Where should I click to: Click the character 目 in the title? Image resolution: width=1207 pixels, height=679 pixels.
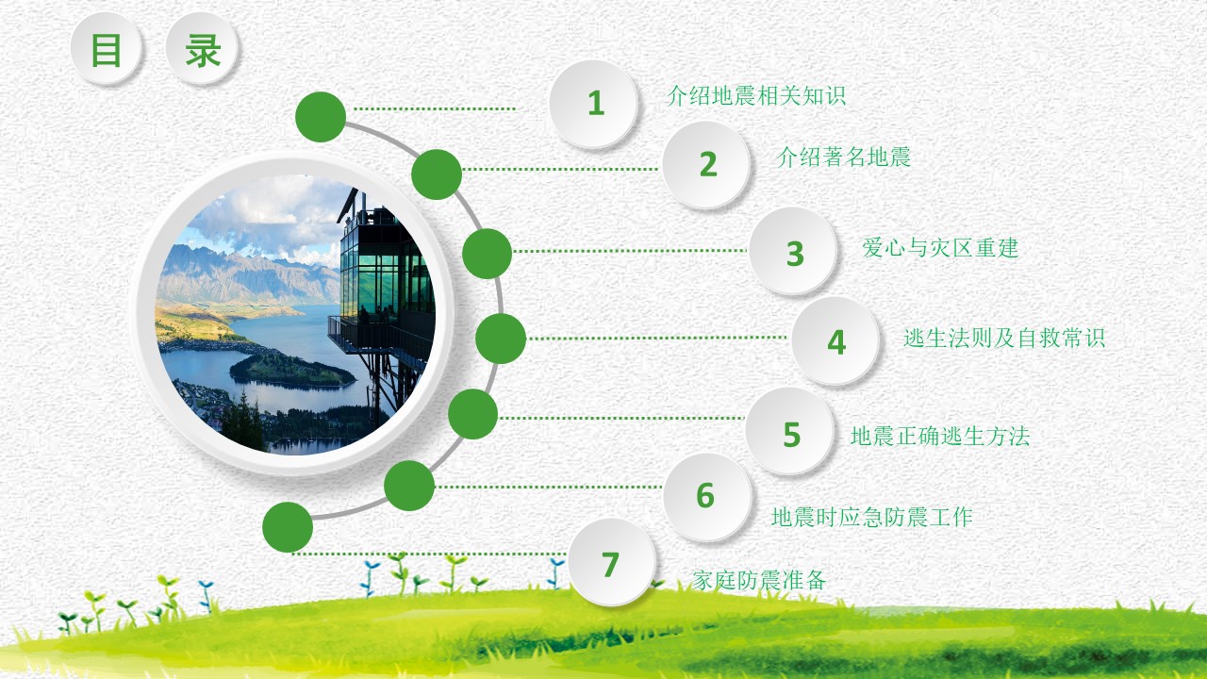click(x=106, y=50)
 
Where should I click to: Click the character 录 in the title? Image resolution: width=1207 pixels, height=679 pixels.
click(x=202, y=50)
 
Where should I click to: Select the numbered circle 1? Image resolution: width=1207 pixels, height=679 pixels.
click(x=594, y=104)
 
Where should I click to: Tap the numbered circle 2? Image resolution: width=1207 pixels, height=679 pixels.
click(x=707, y=164)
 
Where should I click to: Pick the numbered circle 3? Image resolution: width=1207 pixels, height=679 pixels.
click(x=794, y=252)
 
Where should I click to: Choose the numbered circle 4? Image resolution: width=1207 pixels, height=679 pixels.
click(x=835, y=341)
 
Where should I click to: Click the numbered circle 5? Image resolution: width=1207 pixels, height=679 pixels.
click(x=790, y=433)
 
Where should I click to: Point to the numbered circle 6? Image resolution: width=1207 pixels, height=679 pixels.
click(x=706, y=496)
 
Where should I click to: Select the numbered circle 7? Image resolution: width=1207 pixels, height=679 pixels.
click(x=611, y=563)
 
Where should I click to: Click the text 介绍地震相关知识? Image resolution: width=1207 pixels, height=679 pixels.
click(x=756, y=95)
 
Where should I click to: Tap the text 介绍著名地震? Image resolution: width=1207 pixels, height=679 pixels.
click(x=844, y=157)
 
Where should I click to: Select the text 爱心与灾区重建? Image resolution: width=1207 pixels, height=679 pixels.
click(x=940, y=248)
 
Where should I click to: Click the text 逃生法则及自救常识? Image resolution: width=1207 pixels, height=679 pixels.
click(x=1003, y=338)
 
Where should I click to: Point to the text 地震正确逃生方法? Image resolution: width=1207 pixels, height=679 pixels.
click(x=939, y=436)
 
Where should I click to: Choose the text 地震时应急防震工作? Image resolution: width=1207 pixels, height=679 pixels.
click(x=871, y=517)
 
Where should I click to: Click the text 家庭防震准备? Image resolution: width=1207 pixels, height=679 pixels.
click(x=759, y=580)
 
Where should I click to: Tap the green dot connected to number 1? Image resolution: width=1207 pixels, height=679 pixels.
click(x=321, y=117)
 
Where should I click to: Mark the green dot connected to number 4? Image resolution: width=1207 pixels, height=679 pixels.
click(x=500, y=339)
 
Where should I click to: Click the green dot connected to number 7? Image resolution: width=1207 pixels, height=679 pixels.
click(x=288, y=526)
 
